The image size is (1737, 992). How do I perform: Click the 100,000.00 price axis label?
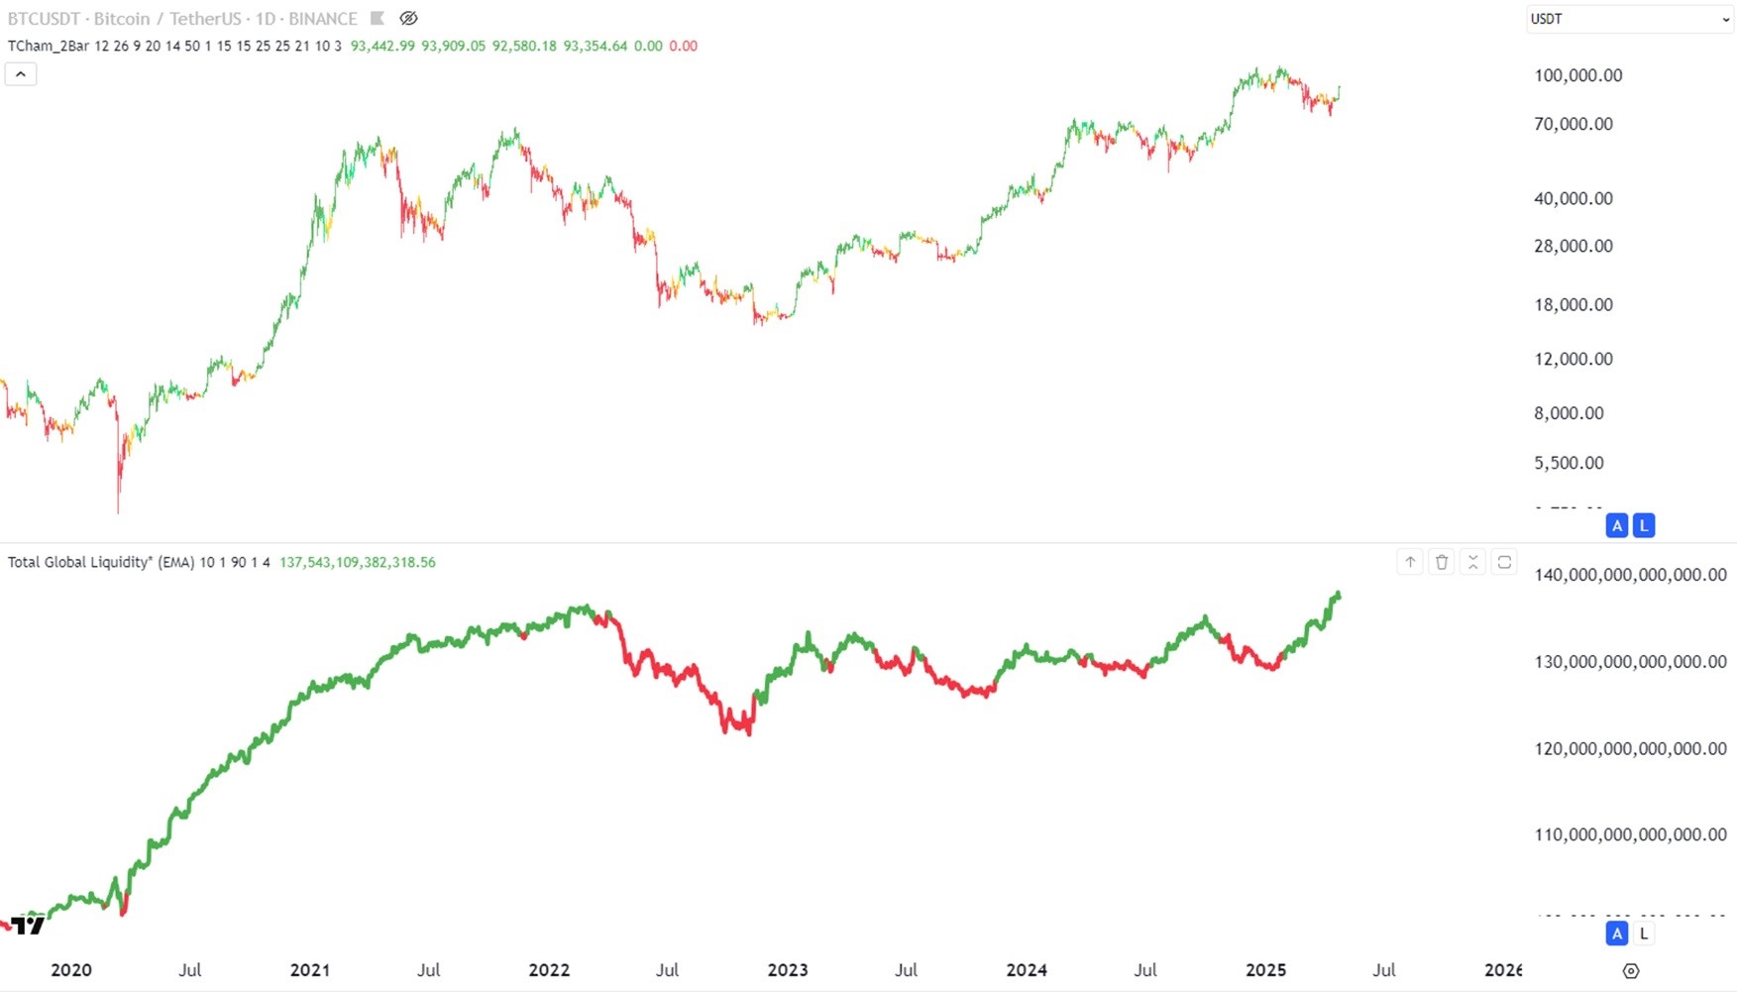point(1577,75)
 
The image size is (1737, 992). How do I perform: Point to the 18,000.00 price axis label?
point(1573,304)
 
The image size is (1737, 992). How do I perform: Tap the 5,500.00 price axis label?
point(1569,463)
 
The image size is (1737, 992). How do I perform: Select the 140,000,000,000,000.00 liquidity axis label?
point(1630,575)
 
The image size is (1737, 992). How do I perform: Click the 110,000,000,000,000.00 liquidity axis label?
point(1630,834)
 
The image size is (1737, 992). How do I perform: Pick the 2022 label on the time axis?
point(549,970)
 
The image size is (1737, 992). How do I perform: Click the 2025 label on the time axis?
point(1265,970)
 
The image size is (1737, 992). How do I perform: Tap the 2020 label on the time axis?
point(70,970)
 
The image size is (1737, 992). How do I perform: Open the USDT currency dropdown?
point(1629,19)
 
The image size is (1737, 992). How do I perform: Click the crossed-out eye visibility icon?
point(408,19)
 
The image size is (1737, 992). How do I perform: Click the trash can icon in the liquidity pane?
point(1442,563)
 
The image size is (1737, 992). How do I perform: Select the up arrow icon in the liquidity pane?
point(1410,563)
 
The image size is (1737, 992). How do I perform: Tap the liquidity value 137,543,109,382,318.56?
point(357,563)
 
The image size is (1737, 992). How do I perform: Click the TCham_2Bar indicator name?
point(48,46)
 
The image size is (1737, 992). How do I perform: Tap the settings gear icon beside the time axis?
point(1631,971)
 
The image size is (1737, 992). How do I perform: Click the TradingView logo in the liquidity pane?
point(28,926)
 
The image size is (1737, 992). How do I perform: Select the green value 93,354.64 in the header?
point(595,46)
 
